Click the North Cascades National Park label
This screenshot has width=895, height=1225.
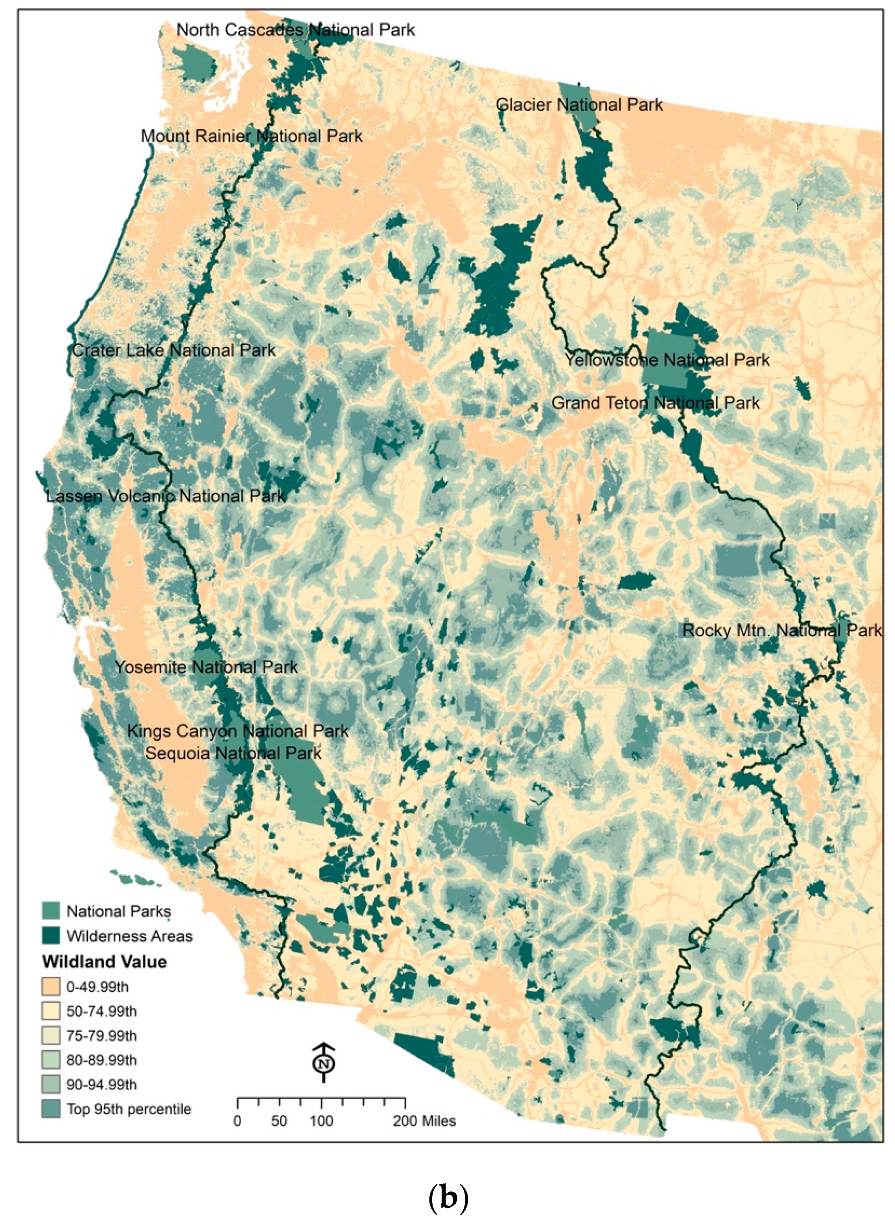(295, 30)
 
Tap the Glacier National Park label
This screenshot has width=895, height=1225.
(579, 105)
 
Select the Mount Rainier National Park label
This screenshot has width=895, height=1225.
(252, 136)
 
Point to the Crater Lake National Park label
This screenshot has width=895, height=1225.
(173, 350)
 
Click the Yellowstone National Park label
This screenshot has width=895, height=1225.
(667, 360)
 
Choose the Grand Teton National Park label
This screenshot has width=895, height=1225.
(656, 403)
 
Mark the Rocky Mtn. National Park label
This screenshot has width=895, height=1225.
(781, 631)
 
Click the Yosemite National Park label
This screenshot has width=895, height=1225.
(206, 667)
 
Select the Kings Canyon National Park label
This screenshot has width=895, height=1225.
(238, 731)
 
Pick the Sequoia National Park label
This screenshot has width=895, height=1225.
(234, 753)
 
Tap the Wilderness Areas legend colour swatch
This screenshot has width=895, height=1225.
(50, 935)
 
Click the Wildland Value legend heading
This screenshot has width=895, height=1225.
(104, 962)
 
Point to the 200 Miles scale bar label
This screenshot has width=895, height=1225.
(424, 1121)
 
